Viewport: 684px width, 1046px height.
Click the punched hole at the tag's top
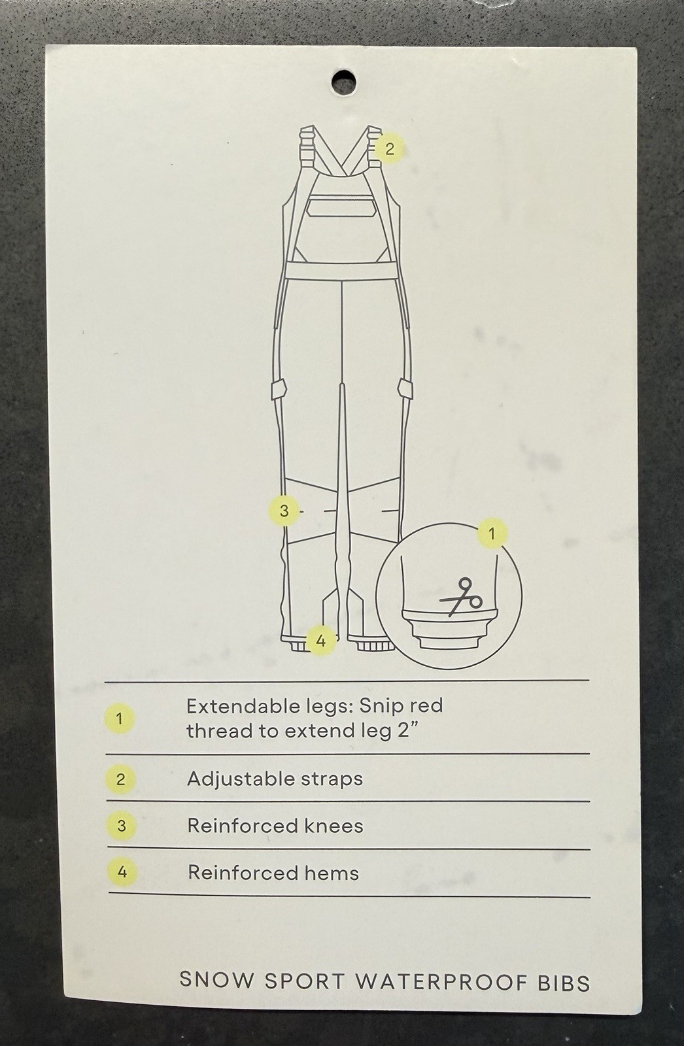coord(343,82)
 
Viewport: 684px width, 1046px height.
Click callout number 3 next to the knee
coord(284,511)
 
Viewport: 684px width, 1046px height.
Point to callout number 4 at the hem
coord(320,641)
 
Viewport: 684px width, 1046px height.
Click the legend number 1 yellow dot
coord(120,718)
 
